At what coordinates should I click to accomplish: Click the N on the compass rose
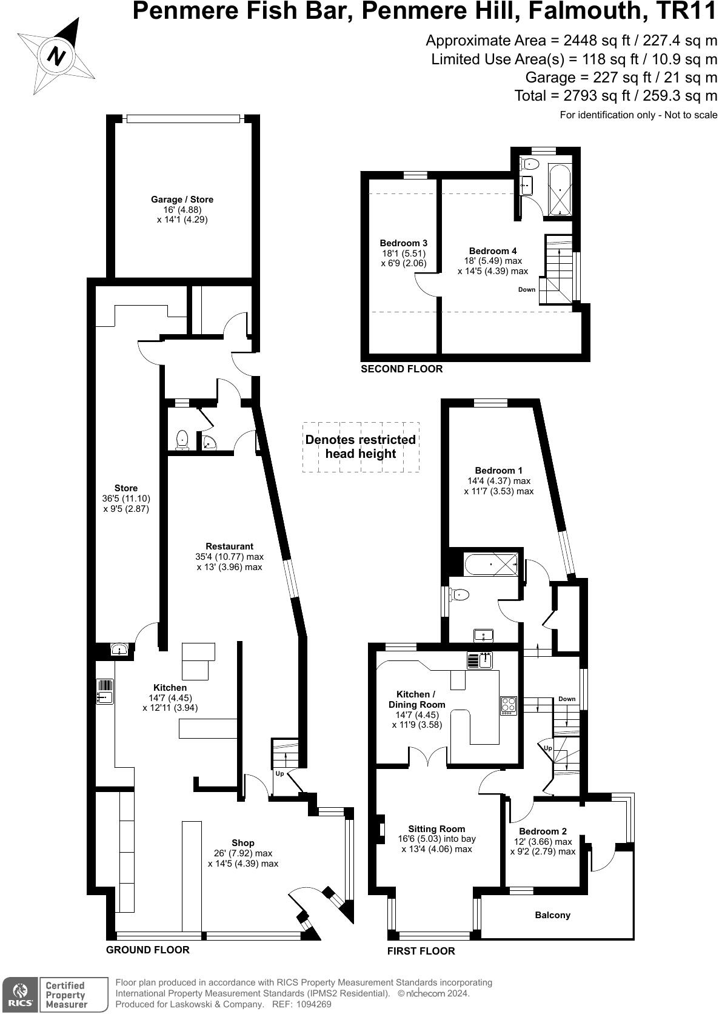[x=56, y=56]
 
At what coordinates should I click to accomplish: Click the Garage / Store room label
[x=182, y=200]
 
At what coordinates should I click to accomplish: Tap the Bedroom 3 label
[x=403, y=243]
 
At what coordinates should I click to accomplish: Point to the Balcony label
[x=552, y=915]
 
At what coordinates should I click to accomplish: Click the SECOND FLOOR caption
[x=401, y=369]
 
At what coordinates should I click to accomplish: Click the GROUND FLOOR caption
[x=147, y=950]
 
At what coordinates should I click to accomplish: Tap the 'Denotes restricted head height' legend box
[x=360, y=447]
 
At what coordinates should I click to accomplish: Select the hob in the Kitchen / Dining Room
[x=508, y=705]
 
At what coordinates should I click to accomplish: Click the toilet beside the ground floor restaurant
[x=182, y=440]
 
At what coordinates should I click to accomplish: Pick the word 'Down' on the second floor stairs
[x=526, y=289]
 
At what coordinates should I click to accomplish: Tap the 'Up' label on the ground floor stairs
[x=279, y=774]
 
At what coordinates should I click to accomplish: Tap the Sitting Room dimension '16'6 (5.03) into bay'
[x=436, y=839]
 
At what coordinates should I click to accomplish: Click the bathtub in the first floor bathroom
[x=490, y=565]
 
